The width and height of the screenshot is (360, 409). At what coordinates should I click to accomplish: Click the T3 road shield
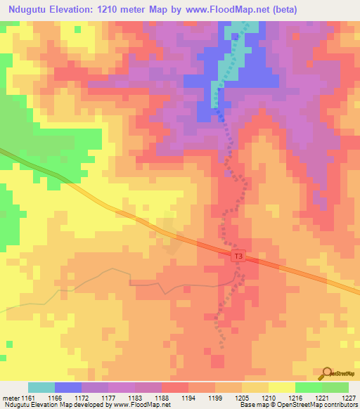click(x=238, y=257)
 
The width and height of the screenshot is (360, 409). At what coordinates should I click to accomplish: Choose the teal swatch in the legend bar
click(x=41, y=387)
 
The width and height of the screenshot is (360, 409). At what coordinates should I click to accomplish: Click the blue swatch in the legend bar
click(x=68, y=387)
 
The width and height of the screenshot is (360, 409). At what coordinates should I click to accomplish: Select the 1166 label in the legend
click(x=64, y=398)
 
